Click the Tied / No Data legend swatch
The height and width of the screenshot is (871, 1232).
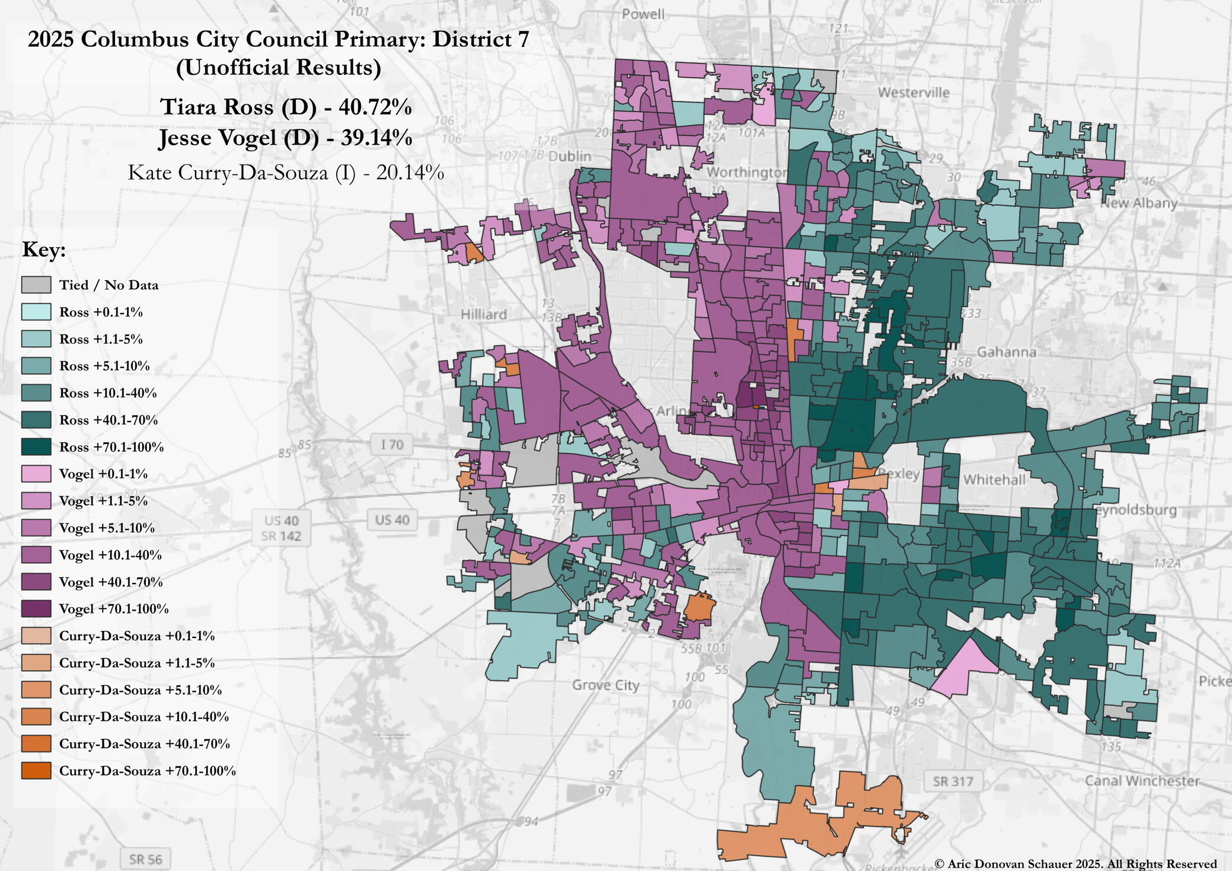[36, 285]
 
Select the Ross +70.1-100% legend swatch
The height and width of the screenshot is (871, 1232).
[36, 446]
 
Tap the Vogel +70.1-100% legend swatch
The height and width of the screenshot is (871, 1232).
[36, 608]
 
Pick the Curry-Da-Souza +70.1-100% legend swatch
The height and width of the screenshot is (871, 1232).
[36, 770]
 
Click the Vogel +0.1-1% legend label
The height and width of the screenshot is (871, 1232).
[103, 474]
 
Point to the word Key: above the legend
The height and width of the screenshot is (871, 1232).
[44, 250]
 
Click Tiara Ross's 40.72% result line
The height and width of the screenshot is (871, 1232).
[286, 107]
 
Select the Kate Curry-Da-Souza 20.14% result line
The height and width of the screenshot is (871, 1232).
[286, 173]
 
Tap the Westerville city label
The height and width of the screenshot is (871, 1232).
[913, 92]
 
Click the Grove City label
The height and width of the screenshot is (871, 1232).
[605, 685]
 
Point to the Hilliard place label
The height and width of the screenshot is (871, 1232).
[484, 314]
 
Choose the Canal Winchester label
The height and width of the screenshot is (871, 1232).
[1142, 781]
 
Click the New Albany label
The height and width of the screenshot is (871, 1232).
[1138, 203]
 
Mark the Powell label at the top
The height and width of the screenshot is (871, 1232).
[643, 14]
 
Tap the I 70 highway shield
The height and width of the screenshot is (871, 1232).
[391, 444]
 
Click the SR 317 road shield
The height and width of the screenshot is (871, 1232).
[953, 781]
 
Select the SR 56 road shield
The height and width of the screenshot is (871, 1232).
[145, 859]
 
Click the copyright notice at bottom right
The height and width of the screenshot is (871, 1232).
[1075, 864]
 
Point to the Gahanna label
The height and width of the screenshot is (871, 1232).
[1006, 352]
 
